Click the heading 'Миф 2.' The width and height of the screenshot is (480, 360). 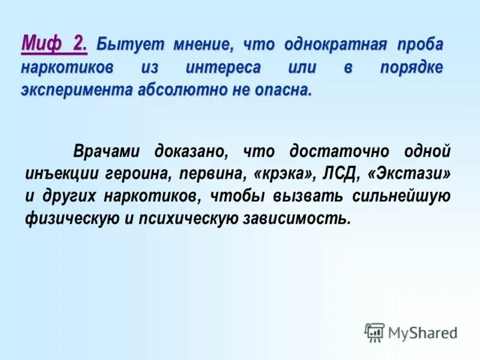click(55, 44)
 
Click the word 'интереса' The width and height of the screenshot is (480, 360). click(223, 68)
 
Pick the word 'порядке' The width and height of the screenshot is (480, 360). click(411, 68)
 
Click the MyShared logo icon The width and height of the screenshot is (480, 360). click(374, 332)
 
